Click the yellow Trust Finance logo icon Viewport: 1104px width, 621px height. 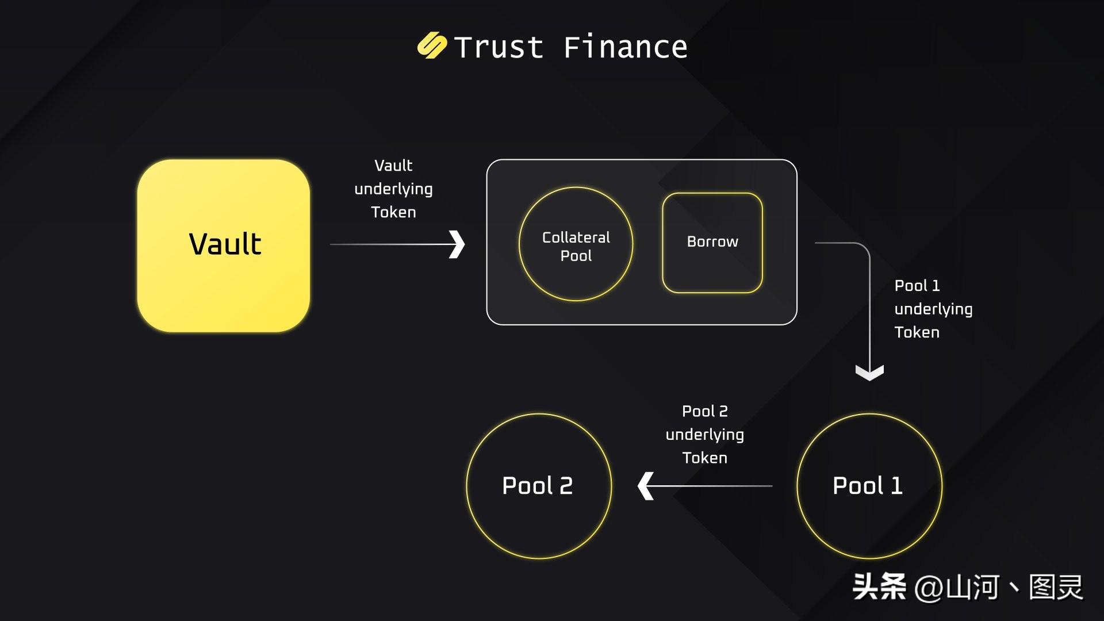(x=432, y=46)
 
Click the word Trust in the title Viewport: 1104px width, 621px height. (x=499, y=47)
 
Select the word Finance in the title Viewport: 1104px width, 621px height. (x=625, y=47)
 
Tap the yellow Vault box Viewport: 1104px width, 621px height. (x=224, y=246)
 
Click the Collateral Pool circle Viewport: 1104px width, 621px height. (x=576, y=244)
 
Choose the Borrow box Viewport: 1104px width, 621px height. (x=712, y=243)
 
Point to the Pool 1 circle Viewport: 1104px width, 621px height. (x=869, y=486)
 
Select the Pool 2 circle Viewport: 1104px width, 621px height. (x=538, y=486)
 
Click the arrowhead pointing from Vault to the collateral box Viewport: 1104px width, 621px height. (x=457, y=244)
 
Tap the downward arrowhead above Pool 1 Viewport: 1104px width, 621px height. (x=869, y=373)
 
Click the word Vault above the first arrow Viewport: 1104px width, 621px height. (x=393, y=166)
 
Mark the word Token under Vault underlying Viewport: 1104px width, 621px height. (x=393, y=212)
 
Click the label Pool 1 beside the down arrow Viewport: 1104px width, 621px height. (x=917, y=286)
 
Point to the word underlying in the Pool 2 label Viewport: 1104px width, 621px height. (x=704, y=435)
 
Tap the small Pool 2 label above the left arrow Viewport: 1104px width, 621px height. (x=704, y=411)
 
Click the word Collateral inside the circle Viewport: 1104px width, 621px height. (x=576, y=237)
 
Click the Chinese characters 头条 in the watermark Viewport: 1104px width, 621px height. (x=879, y=587)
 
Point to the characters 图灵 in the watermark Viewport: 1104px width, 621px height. (x=1056, y=588)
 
